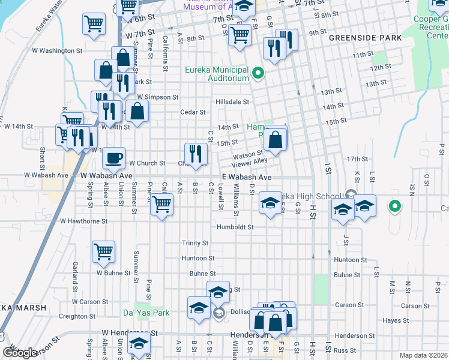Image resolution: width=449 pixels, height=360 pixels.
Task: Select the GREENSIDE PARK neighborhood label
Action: pyautogui.click(x=360, y=37)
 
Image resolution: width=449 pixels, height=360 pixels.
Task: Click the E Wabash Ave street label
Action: pyautogui.click(x=246, y=178)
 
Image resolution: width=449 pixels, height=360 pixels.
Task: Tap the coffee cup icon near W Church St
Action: pyautogui.click(x=113, y=159)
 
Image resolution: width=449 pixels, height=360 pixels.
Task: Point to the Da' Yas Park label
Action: pyautogui.click(x=146, y=313)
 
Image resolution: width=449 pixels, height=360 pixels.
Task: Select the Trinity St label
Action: pyautogui.click(x=195, y=243)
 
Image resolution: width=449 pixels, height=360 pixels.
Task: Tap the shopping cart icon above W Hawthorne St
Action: pyautogui.click(x=161, y=204)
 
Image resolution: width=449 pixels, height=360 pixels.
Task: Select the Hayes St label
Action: pyautogui.click(x=395, y=321)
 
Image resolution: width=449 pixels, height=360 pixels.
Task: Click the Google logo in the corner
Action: pyautogui.click(x=19, y=353)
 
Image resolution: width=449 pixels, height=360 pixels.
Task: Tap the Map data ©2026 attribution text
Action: pyautogui.click(x=424, y=355)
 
